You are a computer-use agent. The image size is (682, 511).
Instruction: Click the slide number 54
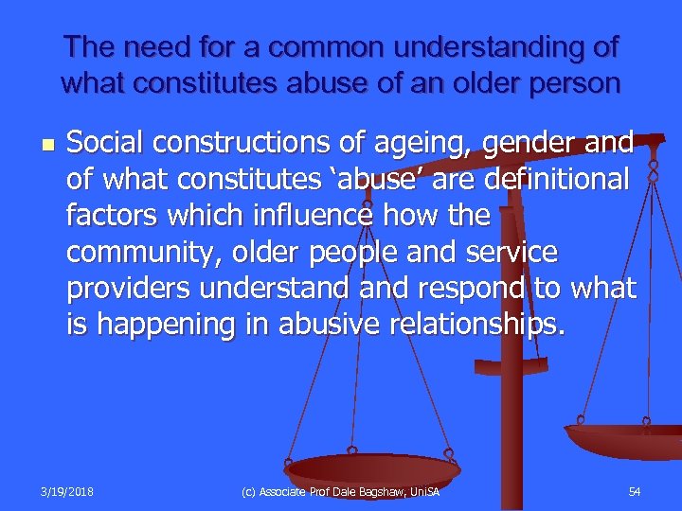634,491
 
